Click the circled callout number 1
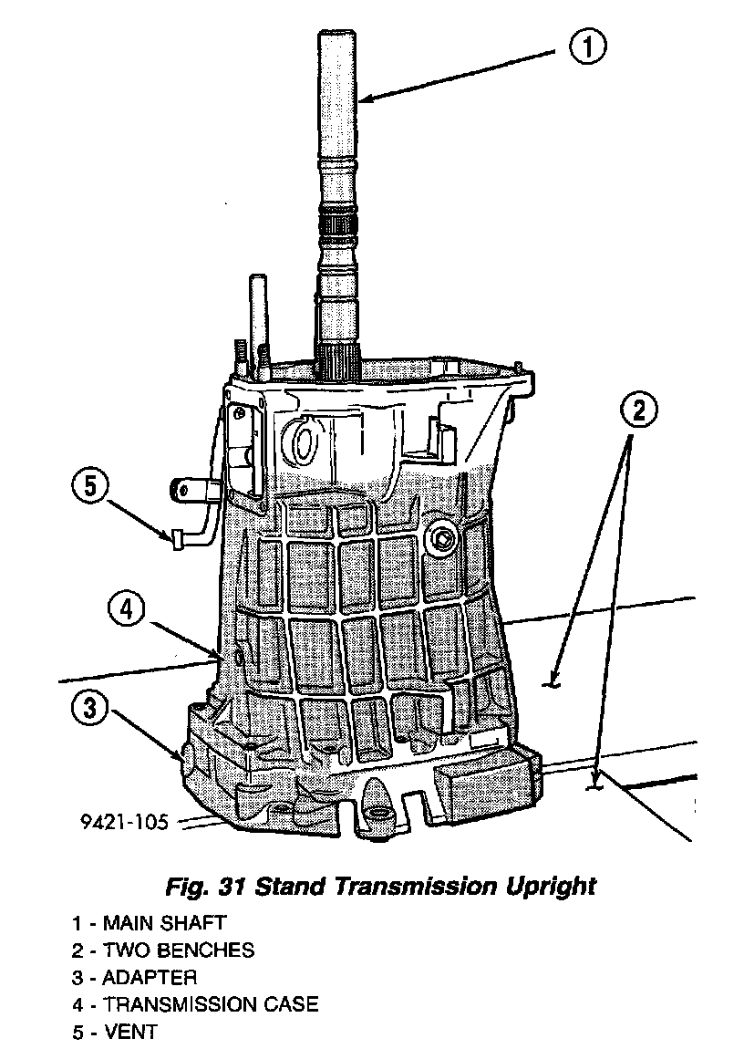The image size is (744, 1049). click(588, 47)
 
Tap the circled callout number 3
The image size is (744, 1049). click(92, 710)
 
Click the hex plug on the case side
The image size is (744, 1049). click(442, 539)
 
